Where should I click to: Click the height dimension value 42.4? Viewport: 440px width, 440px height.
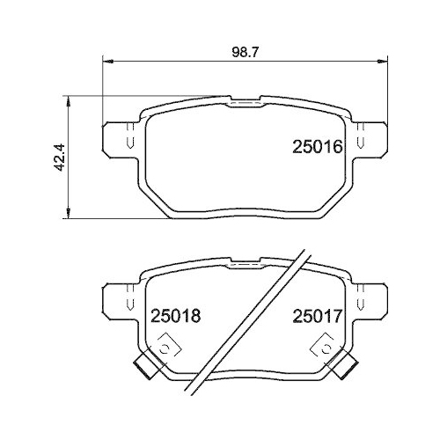pos(59,158)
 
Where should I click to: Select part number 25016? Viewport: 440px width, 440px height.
pos(316,147)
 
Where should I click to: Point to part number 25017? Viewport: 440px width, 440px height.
pos(316,314)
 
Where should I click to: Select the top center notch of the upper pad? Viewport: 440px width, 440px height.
pos(246,103)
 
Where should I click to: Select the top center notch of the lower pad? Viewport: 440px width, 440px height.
pos(246,263)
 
